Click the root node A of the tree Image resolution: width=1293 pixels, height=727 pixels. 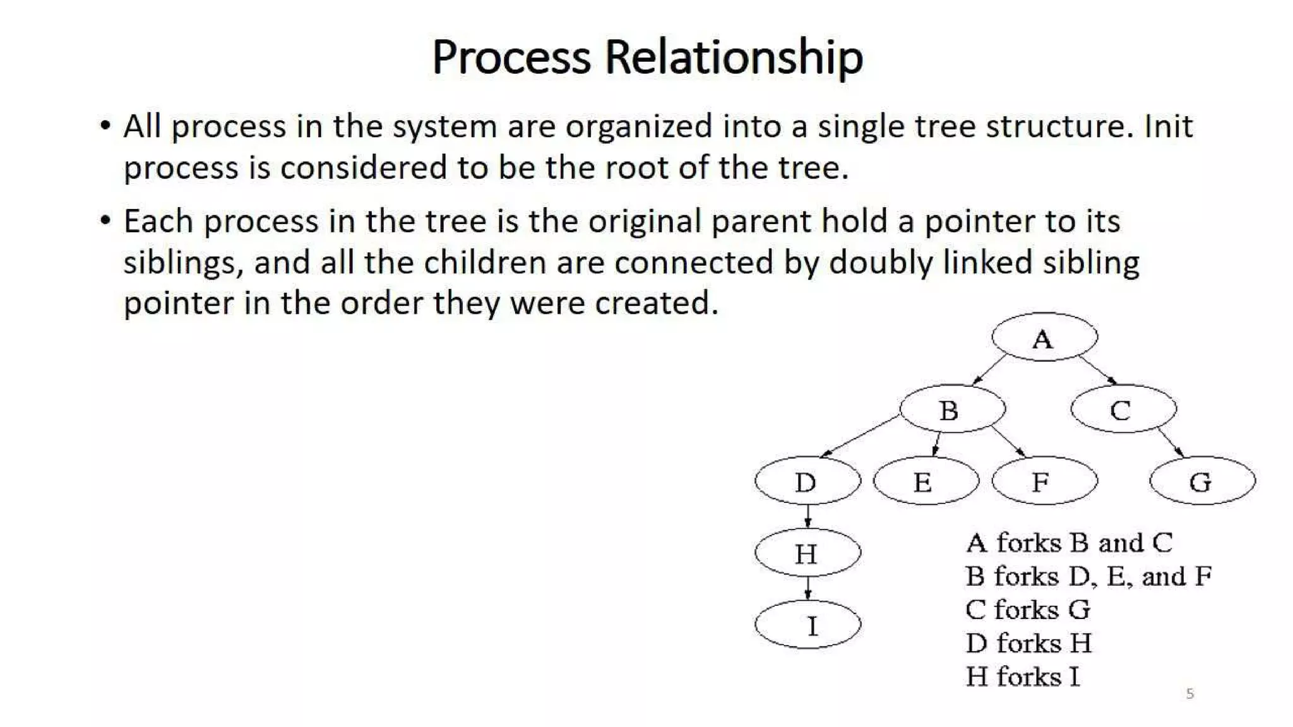pyautogui.click(x=1044, y=338)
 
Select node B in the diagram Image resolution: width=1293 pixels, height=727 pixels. pyautogui.click(x=952, y=409)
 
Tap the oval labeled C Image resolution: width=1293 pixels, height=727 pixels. pyautogui.click(x=1124, y=409)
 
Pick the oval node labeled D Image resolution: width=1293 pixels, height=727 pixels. pyautogui.click(x=807, y=481)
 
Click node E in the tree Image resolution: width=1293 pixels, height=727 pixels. pyautogui.click(x=926, y=481)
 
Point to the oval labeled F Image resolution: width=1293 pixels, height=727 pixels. pyautogui.click(x=1044, y=481)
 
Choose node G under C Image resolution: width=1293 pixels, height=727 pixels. pyautogui.click(x=1202, y=481)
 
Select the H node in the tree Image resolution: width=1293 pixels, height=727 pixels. pyautogui.click(x=807, y=553)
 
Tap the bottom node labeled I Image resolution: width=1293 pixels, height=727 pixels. pyautogui.click(x=807, y=625)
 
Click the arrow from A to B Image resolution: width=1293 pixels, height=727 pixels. pyautogui.click(x=989, y=370)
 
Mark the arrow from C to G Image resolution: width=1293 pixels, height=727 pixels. pyautogui.click(x=1171, y=442)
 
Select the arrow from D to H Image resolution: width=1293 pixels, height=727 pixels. pyautogui.click(x=807, y=516)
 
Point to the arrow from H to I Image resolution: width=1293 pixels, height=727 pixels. pyautogui.click(x=807, y=588)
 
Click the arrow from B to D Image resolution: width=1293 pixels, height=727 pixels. pyautogui.click(x=860, y=436)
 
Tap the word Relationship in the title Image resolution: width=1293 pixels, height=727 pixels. pyautogui.click(x=734, y=57)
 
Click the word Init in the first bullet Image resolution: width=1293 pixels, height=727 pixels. pyautogui.click(x=1168, y=126)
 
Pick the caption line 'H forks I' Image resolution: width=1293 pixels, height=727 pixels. pyautogui.click(x=1023, y=677)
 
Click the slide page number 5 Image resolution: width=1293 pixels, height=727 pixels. pyautogui.click(x=1190, y=694)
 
